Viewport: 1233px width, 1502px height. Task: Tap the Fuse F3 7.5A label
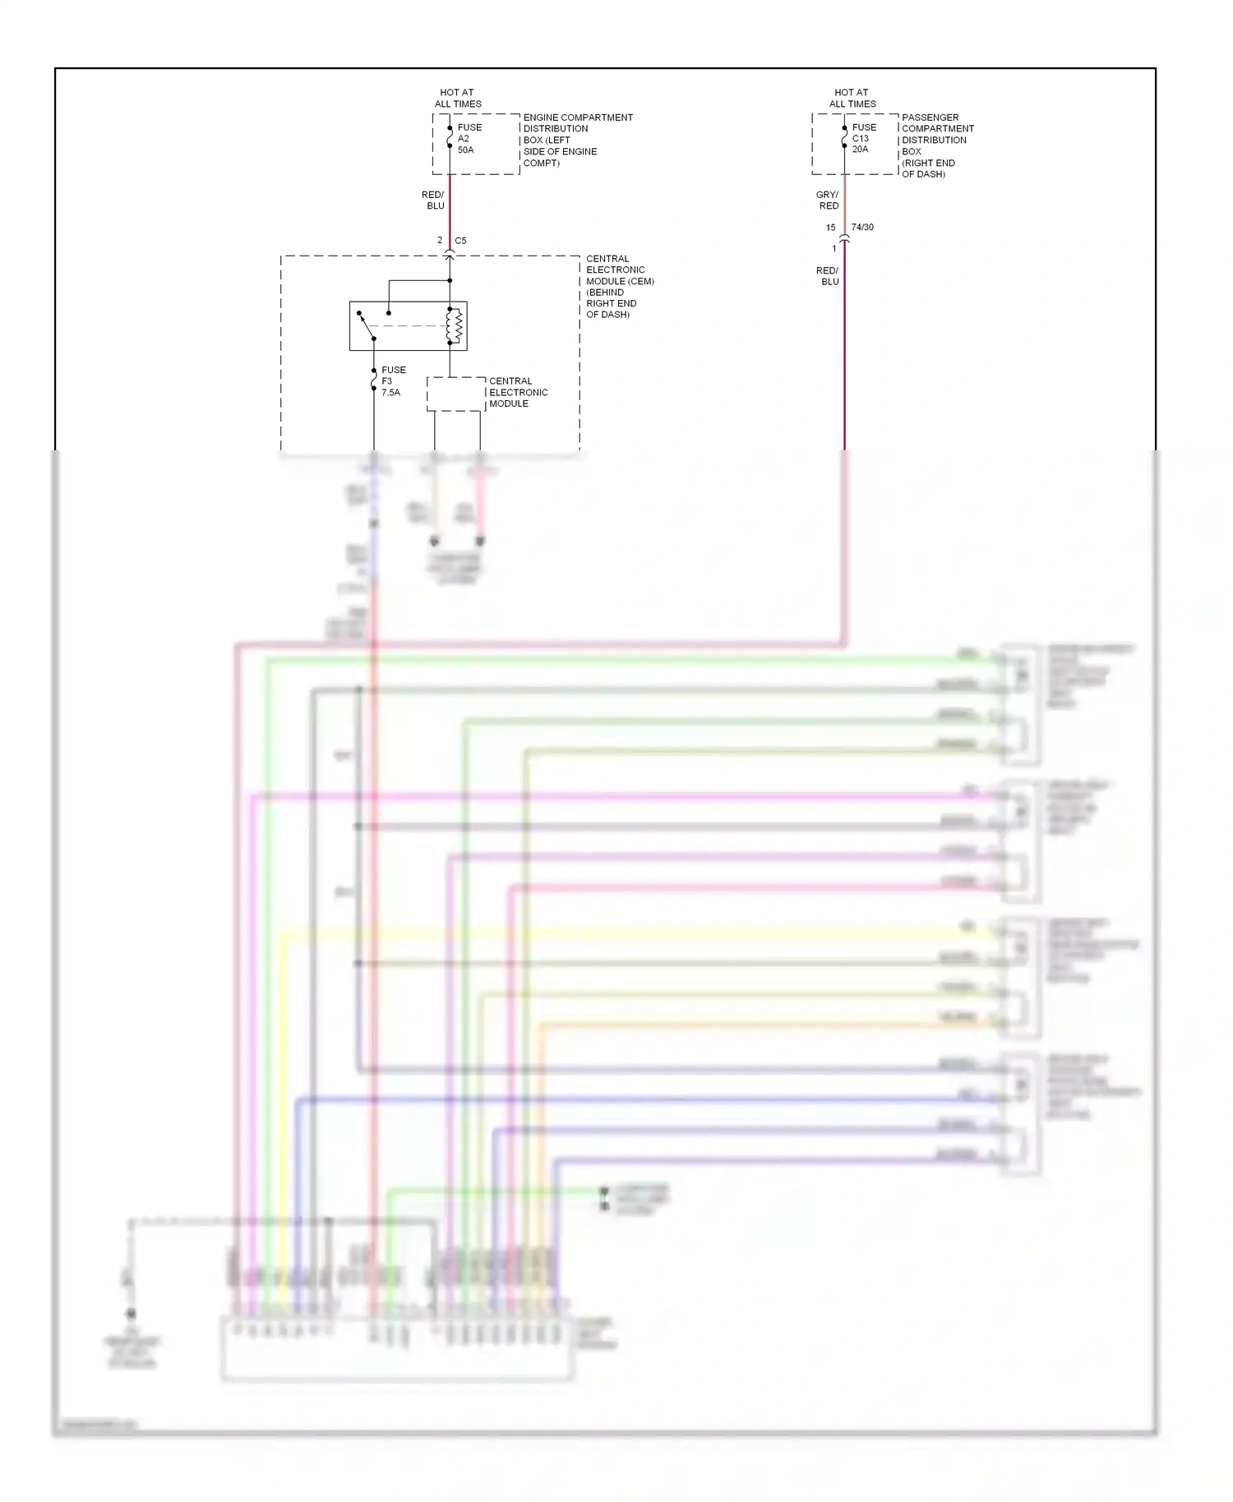click(393, 381)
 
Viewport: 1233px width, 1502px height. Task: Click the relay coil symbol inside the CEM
click(455, 326)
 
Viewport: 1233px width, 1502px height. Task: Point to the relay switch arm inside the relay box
click(367, 326)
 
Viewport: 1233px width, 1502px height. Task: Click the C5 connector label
click(460, 241)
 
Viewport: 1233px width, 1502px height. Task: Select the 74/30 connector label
click(862, 227)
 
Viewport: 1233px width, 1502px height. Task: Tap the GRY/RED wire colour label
click(828, 200)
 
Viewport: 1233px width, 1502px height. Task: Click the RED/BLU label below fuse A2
click(433, 200)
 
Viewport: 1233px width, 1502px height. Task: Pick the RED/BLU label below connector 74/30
click(828, 276)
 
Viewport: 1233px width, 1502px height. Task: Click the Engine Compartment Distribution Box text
click(577, 140)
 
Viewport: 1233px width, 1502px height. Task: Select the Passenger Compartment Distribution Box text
click(937, 145)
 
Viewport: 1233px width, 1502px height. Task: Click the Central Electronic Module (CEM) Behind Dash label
click(619, 286)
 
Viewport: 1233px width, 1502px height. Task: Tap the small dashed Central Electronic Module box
click(455, 394)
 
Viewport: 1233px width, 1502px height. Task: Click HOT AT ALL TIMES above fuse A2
click(458, 98)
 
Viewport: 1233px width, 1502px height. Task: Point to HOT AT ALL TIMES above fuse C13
click(852, 98)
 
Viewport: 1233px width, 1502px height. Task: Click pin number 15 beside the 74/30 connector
click(830, 228)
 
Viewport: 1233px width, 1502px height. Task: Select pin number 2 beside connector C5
click(440, 241)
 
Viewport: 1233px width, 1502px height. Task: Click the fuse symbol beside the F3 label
click(374, 380)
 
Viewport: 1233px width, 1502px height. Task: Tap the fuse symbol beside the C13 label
click(844, 138)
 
